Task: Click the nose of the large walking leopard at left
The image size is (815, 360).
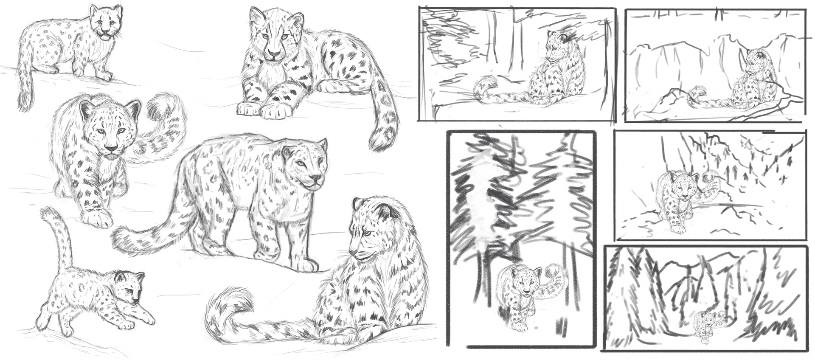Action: tap(111, 149)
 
